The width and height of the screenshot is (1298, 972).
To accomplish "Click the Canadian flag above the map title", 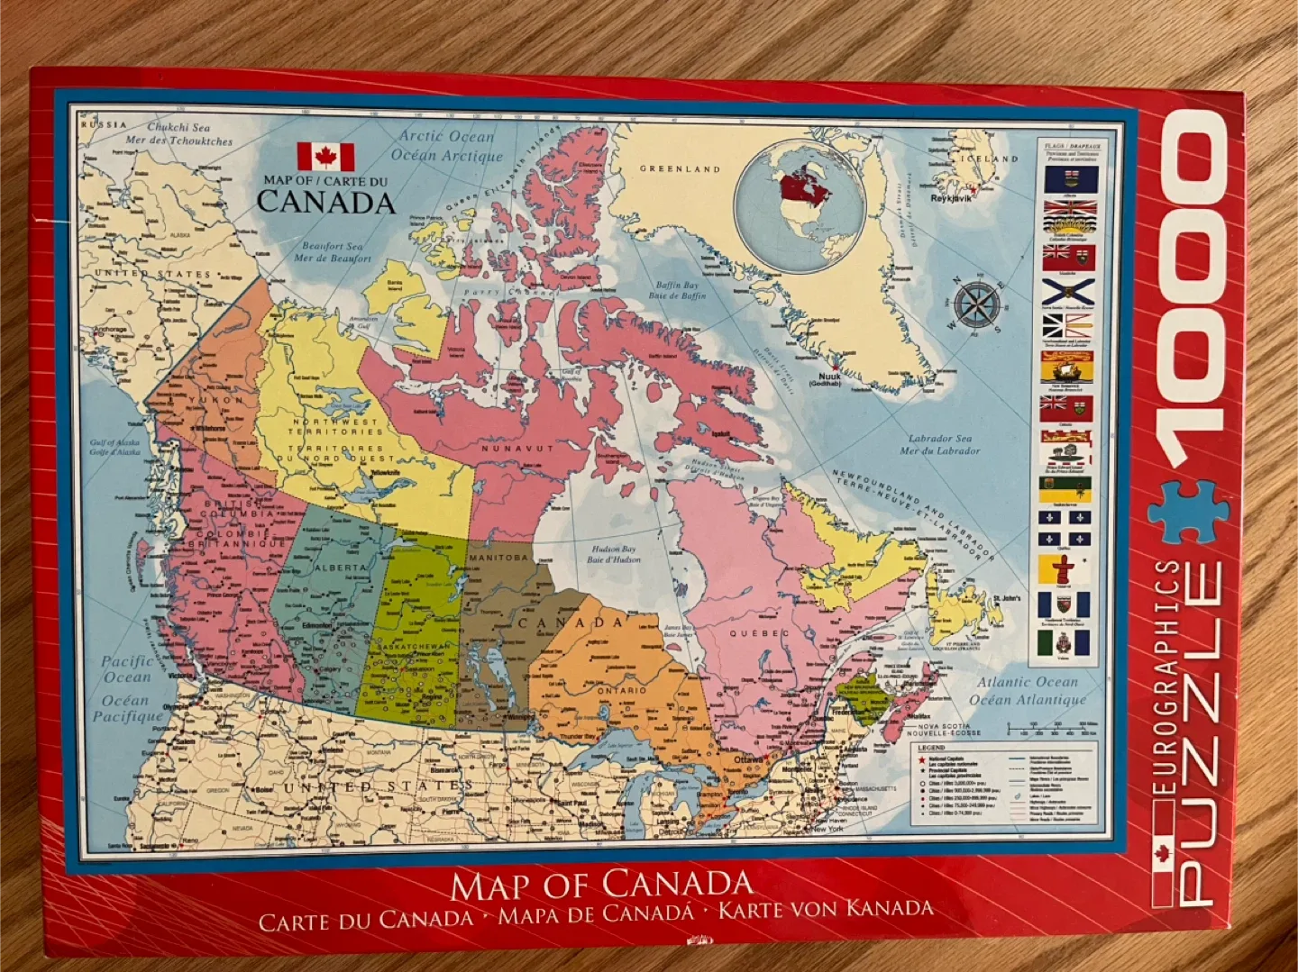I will (325, 157).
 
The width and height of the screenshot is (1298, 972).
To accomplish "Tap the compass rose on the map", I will (977, 305).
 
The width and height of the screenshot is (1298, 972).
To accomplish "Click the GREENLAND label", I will (680, 168).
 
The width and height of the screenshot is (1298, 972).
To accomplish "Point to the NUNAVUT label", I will (516, 448).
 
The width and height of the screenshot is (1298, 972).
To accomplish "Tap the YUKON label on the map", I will (215, 399).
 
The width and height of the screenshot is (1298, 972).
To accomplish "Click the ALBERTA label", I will (340, 568).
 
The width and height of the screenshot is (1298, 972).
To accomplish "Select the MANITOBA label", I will (498, 558).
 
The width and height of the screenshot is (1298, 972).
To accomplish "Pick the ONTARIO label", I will (621, 690).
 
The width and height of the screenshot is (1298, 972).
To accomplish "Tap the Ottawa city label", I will (748, 759).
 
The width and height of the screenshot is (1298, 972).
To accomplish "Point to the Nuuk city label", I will (828, 377).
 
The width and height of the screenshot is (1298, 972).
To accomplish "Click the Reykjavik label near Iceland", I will (951, 198).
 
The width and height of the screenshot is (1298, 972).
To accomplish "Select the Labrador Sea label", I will (939, 439).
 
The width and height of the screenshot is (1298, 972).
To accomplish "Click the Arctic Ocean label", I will (447, 137).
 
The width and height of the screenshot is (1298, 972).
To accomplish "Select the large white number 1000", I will (1190, 296).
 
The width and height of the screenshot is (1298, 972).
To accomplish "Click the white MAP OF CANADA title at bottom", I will (601, 885).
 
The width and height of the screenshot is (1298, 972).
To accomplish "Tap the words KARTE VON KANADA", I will (825, 910).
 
